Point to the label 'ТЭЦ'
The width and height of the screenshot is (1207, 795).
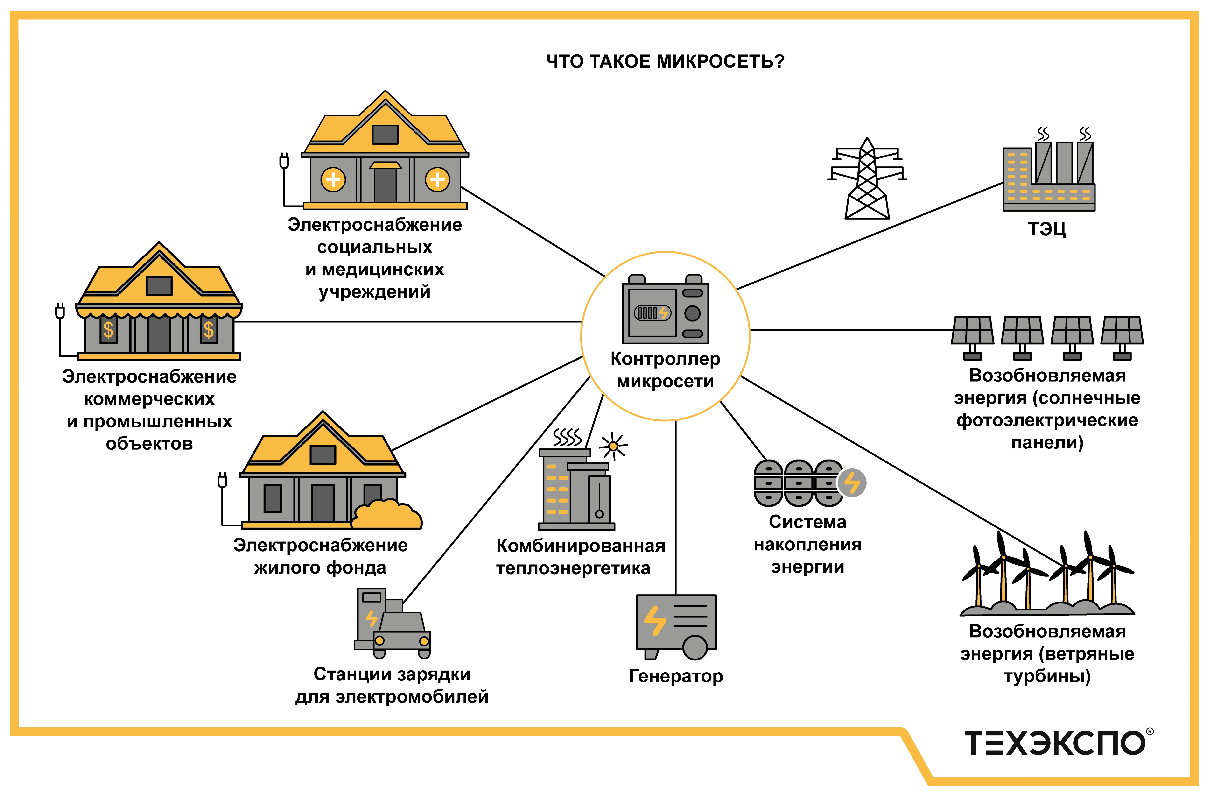tap(1047, 229)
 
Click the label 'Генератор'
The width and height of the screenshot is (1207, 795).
tap(675, 676)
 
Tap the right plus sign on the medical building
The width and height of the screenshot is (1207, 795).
tap(437, 180)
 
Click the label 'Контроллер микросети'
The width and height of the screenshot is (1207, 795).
tap(665, 370)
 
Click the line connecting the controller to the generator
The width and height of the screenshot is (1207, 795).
tap(675, 507)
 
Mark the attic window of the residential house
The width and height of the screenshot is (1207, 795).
tap(323, 454)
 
